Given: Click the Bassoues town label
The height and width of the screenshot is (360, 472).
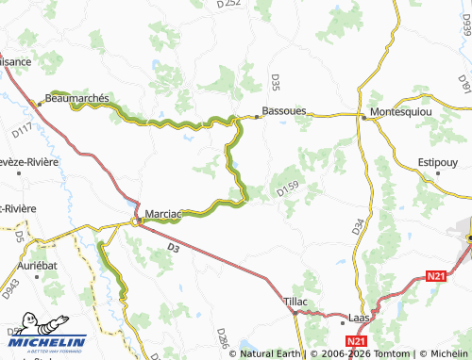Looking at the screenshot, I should point(284,110).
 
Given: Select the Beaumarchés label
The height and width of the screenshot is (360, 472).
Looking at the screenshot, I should point(78,98).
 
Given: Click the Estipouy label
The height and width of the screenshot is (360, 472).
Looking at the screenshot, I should point(439,162).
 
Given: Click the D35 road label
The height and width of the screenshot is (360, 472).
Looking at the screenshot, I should point(276,83).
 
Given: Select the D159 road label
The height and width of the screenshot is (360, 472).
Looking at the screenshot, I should point(288,189).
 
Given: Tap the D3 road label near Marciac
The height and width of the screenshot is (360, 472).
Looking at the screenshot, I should point(173,248).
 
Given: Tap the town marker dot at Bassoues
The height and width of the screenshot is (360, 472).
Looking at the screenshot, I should point(256,117).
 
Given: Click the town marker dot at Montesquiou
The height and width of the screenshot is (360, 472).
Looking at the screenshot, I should point(363,117).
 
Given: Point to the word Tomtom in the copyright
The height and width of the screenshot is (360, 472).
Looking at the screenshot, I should point(381,353).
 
